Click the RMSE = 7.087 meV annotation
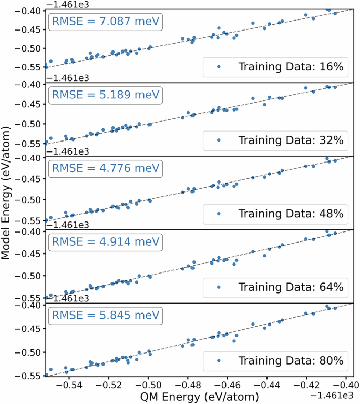pyautogui.click(x=105, y=22)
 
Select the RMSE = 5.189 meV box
pyautogui.click(x=105, y=96)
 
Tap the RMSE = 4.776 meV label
pyautogui.click(x=105, y=169)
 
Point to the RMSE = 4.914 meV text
pyautogui.click(x=105, y=243)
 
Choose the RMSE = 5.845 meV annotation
pyautogui.click(x=105, y=316)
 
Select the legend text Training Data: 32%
pyautogui.click(x=291, y=140)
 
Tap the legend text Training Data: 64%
pyautogui.click(x=291, y=287)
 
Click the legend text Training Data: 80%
pyautogui.click(x=291, y=361)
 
